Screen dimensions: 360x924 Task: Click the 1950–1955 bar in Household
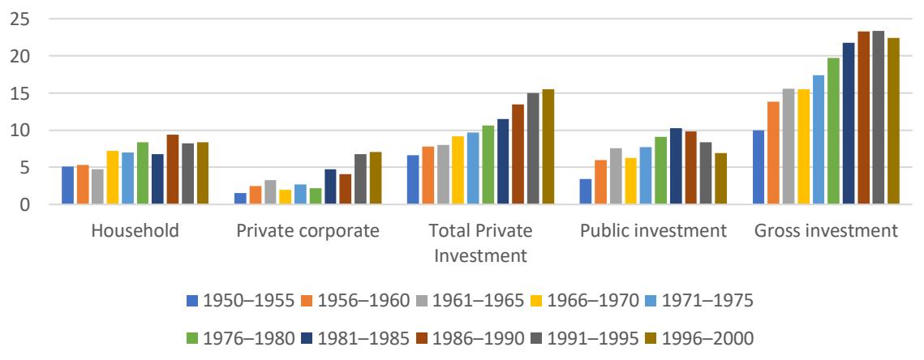[x=67, y=186]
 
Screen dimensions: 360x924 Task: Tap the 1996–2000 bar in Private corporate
[x=375, y=178]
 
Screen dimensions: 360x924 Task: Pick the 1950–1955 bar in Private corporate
[x=240, y=199]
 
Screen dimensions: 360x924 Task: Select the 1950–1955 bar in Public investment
[x=586, y=191]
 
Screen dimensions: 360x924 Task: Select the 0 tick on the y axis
[x=22, y=205]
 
